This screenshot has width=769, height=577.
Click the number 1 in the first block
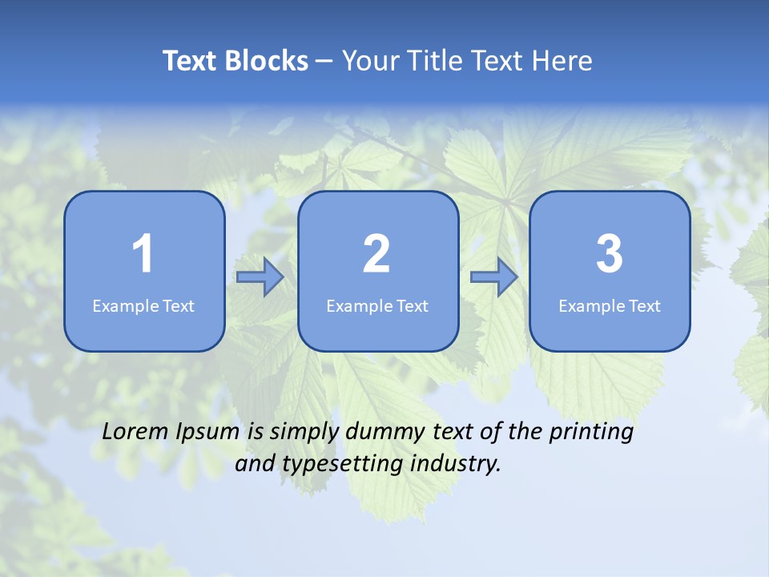point(143,254)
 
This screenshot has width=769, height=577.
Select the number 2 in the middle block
point(376,254)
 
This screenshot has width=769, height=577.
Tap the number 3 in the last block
point(610,254)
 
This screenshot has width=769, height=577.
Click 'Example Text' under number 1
point(143,306)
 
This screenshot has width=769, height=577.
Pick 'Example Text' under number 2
point(377,306)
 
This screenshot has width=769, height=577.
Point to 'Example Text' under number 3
point(610,306)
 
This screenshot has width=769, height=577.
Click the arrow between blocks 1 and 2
point(260,277)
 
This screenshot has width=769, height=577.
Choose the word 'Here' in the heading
point(562,61)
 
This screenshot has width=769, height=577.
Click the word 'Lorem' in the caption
point(135,432)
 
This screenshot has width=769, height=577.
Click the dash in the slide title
point(325,62)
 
